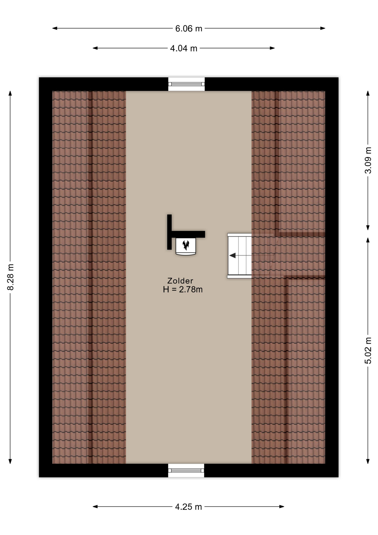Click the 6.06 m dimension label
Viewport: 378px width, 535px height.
pos(188,28)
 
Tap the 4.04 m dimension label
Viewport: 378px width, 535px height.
pos(183,48)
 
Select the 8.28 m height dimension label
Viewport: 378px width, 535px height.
pos(10,277)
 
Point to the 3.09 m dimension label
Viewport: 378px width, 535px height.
pos(368,160)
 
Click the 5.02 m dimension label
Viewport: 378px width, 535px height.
pos(368,350)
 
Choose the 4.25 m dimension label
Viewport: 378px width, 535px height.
pos(188,507)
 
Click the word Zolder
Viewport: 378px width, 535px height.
pos(180,281)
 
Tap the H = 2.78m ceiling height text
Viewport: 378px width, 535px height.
pos(183,290)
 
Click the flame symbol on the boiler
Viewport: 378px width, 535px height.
pos(186,245)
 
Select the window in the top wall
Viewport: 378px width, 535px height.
pos(186,84)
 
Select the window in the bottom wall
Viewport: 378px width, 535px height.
pos(186,471)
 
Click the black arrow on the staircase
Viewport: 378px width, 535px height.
pos(232,255)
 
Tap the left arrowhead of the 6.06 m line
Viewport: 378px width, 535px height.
pos(55,28)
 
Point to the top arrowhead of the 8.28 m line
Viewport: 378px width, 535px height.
pos(10,93)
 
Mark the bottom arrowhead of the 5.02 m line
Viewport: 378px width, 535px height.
pos(368,461)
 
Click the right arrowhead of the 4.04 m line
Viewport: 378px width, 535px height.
pos(272,48)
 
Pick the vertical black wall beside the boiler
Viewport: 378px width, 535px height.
pos(169,232)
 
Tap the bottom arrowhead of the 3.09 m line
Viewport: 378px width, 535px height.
pos(368,227)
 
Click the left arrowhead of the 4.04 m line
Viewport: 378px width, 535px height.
pos(95,48)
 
